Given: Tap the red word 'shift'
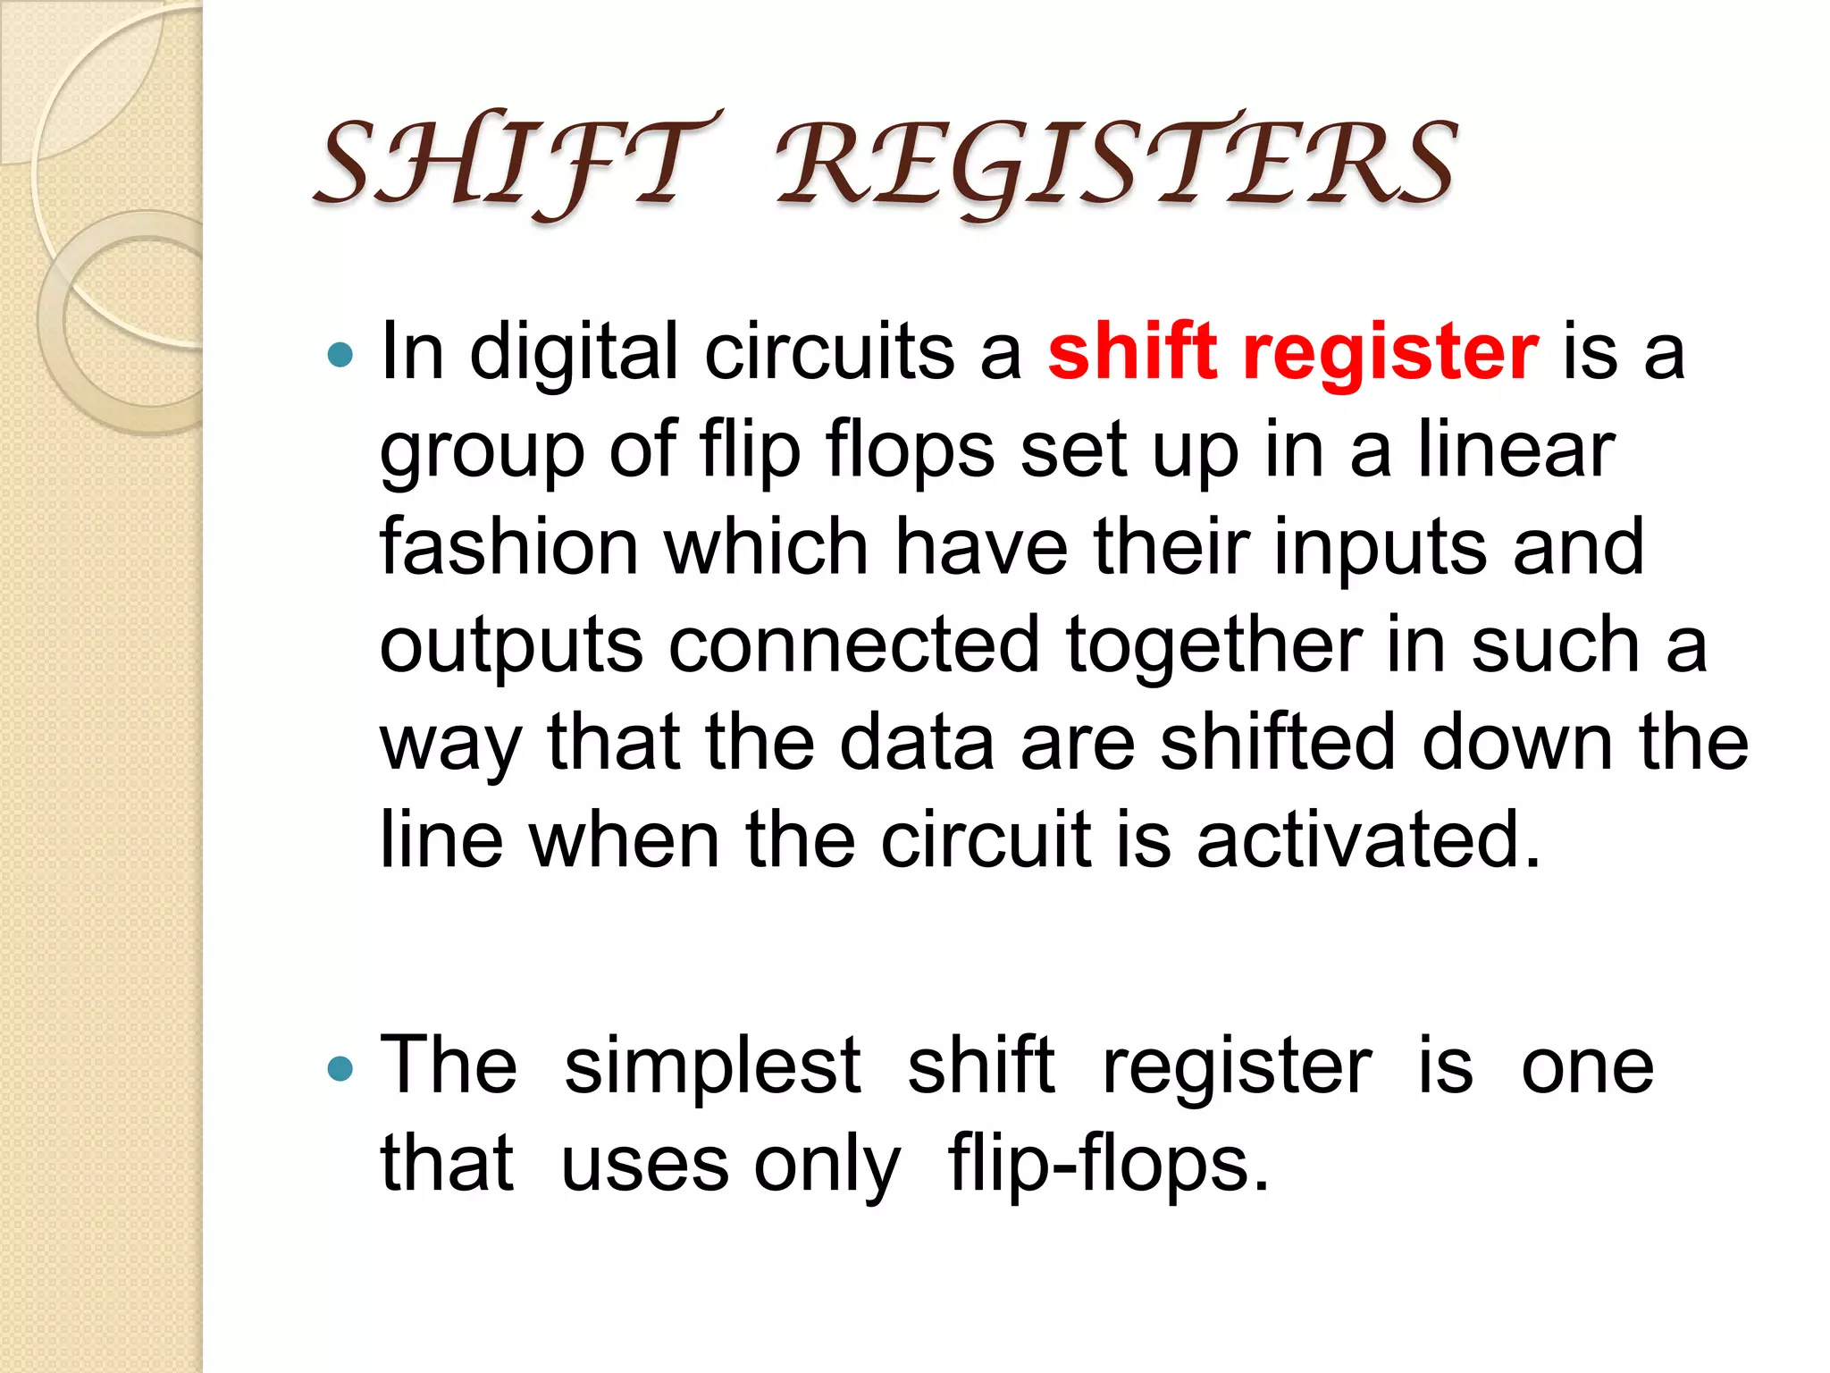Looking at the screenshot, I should click(1133, 351).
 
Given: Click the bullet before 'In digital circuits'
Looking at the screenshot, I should click(340, 356).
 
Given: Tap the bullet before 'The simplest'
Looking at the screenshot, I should click(340, 1067).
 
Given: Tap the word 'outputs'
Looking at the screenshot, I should click(511, 647).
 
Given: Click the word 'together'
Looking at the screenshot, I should click(1213, 646).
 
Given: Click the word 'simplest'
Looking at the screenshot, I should click(713, 1067).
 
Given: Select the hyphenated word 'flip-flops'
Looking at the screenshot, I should click(1108, 1166).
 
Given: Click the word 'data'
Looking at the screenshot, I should click(917, 742).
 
